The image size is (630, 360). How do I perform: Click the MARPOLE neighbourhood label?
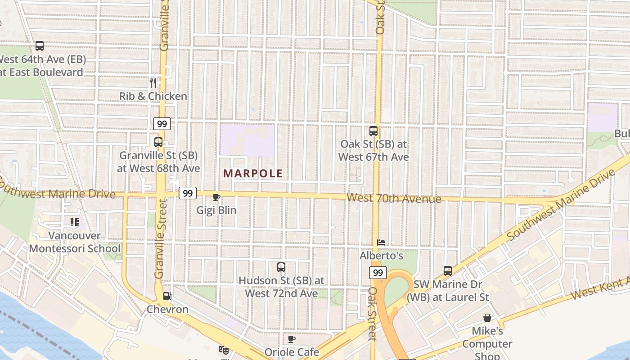[x=253, y=173]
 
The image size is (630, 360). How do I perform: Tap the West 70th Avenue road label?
[x=394, y=198]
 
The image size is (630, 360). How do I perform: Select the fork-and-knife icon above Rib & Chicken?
[x=153, y=82]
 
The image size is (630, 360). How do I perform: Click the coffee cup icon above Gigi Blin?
[x=216, y=197]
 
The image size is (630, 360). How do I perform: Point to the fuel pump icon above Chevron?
[x=167, y=296]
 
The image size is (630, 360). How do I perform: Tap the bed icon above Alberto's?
[x=381, y=242]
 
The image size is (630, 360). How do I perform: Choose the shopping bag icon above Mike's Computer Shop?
[x=487, y=318]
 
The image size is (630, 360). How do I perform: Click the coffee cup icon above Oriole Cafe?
[x=291, y=339]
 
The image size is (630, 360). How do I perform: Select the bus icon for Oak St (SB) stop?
[x=373, y=131]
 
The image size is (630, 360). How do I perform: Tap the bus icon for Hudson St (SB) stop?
[x=281, y=267]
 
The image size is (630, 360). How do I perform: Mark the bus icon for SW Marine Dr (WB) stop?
[x=448, y=271]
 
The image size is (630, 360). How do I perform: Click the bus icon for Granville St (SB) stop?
[x=158, y=142]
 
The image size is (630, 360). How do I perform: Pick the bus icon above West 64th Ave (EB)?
[x=40, y=46]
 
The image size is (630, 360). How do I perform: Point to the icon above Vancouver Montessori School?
[x=75, y=222]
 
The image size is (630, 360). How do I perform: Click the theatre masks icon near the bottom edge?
[x=223, y=349]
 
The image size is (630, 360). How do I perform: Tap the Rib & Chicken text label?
[x=153, y=96]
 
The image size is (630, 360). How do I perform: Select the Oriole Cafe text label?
[x=292, y=352]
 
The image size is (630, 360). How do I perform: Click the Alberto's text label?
[x=381, y=256]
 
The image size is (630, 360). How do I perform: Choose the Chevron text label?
[x=167, y=310]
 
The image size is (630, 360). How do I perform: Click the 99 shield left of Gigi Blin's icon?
[x=188, y=193]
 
